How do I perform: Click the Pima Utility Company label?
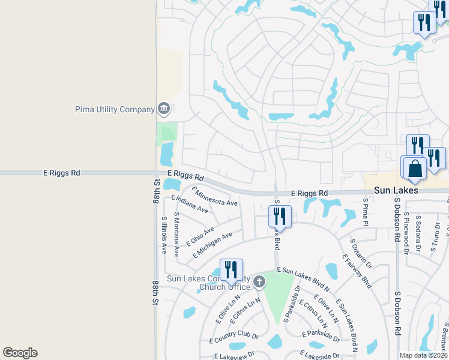(115, 109)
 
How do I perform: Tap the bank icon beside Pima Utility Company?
(163, 109)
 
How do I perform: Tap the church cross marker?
(259, 281)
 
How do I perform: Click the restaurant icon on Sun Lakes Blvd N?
(231, 271)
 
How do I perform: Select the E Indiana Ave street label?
(189, 204)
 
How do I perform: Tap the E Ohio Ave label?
(200, 236)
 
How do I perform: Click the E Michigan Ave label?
(212, 245)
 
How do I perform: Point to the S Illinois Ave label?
(164, 235)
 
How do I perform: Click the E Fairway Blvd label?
(357, 271)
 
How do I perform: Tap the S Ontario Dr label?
(361, 253)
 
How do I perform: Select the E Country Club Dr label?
(234, 338)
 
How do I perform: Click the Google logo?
(20, 353)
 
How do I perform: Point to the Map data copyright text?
(424, 355)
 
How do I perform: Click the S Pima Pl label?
(365, 212)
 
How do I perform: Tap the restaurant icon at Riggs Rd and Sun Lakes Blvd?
(280, 217)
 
